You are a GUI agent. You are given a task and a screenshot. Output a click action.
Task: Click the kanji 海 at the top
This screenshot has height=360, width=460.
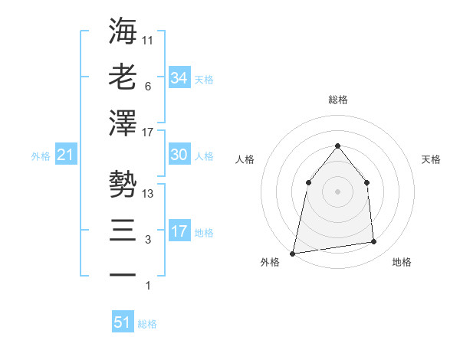[123, 33]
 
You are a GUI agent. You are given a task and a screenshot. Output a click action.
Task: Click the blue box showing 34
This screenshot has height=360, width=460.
[179, 78]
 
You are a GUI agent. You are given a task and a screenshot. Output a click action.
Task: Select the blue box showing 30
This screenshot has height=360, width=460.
[179, 155]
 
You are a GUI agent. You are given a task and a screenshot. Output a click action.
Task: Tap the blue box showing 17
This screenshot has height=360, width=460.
[179, 231]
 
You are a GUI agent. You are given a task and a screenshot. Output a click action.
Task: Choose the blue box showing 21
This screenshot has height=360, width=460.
[65, 155]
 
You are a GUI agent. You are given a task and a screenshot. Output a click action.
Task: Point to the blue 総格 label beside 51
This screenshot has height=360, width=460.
[148, 324]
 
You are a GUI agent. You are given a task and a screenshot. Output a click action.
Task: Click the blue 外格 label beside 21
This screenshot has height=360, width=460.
[41, 156]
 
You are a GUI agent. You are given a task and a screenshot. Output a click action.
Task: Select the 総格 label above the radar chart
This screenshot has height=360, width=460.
[337, 100]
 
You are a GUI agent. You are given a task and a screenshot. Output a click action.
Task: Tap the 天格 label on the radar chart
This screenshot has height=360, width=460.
[432, 159]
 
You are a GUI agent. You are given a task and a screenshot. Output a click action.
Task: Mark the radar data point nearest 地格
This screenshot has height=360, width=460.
[374, 242]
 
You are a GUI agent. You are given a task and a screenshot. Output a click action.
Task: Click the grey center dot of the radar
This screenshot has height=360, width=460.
[337, 191]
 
